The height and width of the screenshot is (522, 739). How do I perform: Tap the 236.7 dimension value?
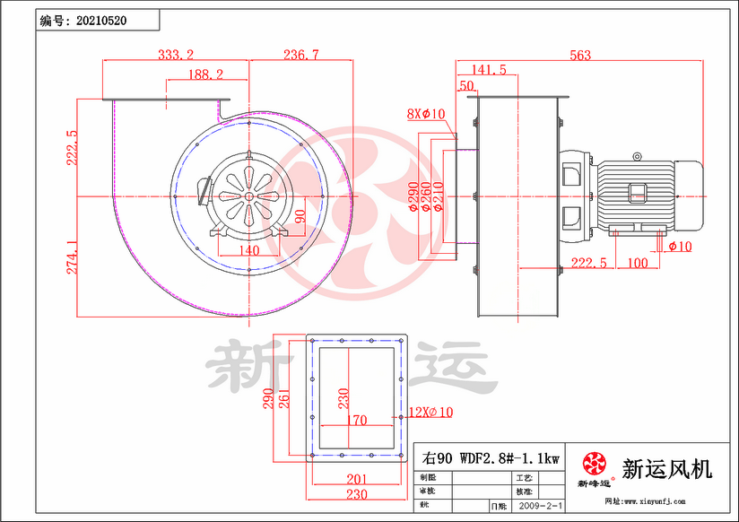(x=300, y=55)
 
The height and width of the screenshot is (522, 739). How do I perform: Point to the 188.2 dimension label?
(x=206, y=74)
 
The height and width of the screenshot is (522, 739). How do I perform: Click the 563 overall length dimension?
(x=579, y=55)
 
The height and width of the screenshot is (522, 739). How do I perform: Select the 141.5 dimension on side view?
(x=488, y=69)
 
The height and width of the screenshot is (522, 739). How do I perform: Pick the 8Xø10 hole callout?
(x=426, y=114)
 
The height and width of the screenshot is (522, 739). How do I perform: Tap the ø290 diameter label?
(x=413, y=196)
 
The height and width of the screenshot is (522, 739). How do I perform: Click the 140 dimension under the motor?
(x=248, y=250)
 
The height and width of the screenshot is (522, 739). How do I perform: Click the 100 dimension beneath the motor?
(x=637, y=263)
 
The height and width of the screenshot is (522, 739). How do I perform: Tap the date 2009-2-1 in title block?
(x=539, y=506)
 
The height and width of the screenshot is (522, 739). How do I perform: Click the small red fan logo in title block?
(x=595, y=464)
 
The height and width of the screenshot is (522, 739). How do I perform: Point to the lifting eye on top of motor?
(x=638, y=156)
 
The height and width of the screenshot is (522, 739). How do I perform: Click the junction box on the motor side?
(x=638, y=191)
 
